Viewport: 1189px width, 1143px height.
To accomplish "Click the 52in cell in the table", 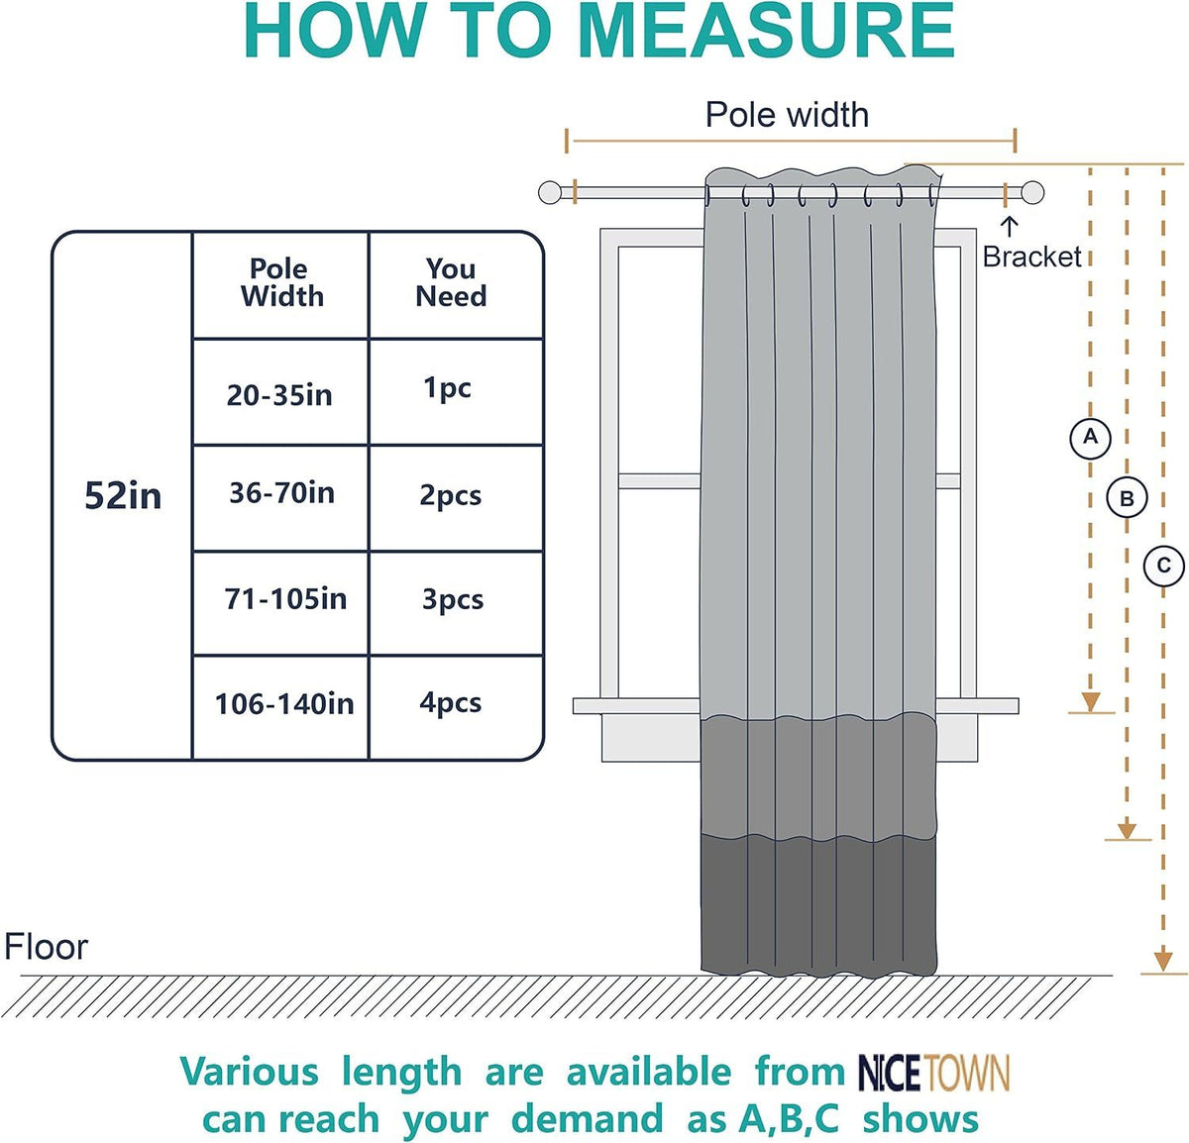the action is (123, 495).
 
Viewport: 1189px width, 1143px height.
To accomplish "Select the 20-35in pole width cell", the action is (280, 392).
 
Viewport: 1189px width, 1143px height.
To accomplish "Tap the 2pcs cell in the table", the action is (456, 498).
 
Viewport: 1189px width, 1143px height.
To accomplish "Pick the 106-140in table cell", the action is (280, 708).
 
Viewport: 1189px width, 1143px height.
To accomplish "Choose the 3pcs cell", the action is (456, 603).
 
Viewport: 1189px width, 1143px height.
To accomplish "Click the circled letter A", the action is (1090, 438).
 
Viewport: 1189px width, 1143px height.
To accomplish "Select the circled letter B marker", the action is (1127, 498).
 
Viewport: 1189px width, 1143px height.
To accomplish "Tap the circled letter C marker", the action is (1163, 566).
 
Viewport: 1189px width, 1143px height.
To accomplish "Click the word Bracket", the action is (1032, 257).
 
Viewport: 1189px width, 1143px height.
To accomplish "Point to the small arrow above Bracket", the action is (1009, 227).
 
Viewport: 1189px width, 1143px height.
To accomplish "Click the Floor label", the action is (46, 948).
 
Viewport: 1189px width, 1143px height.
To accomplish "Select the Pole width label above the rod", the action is (787, 115).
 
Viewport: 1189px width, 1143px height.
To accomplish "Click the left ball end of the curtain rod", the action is (549, 192).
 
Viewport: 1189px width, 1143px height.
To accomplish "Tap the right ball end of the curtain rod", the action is (1032, 192).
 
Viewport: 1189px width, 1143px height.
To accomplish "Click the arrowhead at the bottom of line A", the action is (1091, 701).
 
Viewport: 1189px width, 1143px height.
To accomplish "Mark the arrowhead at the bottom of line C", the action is (1163, 962).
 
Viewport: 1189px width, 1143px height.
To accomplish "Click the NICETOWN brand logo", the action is (933, 1074).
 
